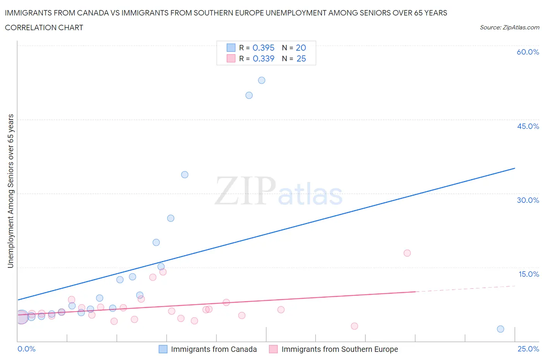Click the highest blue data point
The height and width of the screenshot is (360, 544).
coord(262,81)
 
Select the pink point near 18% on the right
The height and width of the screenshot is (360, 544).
coord(407,253)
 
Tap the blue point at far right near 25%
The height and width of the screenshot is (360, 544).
coord(500,329)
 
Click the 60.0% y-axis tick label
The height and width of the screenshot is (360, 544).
coord(528,52)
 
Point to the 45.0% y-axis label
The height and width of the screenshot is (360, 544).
coord(528,127)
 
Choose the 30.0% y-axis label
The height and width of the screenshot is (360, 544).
coord(528,201)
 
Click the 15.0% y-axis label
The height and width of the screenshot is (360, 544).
coord(529,274)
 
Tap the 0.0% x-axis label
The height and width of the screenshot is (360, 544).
coord(26,349)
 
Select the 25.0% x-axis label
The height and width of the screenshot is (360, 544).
coord(528,349)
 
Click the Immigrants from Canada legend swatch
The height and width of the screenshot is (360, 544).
coord(163,349)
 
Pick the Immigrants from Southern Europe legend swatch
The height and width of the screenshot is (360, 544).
coord(274,349)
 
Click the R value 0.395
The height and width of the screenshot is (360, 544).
coord(263,48)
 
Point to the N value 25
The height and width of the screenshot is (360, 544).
coord(301,59)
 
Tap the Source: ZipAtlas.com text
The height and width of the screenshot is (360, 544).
coord(509,27)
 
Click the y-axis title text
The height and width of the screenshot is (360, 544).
coord(11,191)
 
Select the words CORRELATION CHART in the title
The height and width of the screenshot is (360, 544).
coord(44,28)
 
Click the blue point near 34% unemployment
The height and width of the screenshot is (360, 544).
coord(185,175)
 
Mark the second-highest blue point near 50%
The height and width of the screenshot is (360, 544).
coord(249,95)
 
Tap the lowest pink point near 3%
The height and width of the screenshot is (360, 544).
coord(354,326)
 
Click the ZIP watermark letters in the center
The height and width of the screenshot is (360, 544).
coord(245,191)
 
